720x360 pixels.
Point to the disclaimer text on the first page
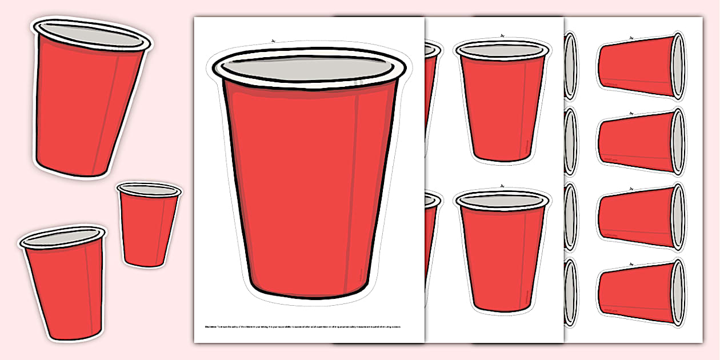click(309, 327)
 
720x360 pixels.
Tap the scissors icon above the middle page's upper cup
click(502, 36)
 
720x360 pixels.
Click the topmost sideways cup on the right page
click(634, 66)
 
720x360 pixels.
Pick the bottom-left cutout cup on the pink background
click(63, 286)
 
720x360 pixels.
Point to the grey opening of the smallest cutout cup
click(149, 190)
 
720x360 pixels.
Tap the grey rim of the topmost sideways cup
click(678, 66)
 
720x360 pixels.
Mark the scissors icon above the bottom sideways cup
click(631, 265)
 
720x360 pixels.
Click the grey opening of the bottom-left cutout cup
click(63, 237)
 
